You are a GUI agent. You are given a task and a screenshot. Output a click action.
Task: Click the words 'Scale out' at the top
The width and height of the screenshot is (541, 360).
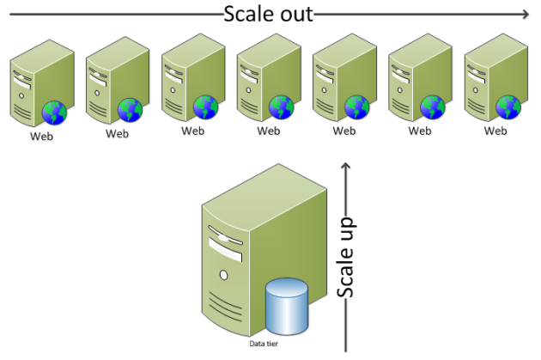pos(268,14)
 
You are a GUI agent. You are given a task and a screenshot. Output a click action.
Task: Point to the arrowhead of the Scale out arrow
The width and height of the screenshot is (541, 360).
pos(526,14)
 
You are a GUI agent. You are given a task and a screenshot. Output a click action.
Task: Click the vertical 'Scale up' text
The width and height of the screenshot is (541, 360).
pos(346,256)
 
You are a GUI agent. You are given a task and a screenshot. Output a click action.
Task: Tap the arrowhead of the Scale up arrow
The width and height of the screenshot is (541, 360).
pos(346,163)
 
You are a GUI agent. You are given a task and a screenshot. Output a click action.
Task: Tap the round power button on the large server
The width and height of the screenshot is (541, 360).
pos(223,275)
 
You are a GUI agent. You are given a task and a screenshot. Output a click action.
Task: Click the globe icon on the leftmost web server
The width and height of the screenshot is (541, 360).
pos(55,112)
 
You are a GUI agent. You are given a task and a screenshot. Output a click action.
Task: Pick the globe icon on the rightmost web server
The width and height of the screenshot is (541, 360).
pos(508,107)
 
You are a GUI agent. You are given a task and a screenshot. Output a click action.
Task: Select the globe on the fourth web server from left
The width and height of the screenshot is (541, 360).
pos(282,107)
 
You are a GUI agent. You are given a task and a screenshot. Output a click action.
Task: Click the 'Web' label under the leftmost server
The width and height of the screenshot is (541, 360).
pos(42,136)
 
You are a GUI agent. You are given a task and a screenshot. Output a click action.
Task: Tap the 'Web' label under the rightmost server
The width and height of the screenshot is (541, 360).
pos(495,131)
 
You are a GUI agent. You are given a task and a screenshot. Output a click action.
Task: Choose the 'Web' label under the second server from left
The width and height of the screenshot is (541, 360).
pos(118,133)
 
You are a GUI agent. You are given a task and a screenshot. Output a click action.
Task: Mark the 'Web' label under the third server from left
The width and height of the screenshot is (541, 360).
pos(193,131)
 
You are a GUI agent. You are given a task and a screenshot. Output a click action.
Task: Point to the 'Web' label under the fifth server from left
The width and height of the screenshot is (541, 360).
pos(344,131)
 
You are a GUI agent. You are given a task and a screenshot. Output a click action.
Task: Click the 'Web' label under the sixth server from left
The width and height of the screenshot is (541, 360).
pos(420,131)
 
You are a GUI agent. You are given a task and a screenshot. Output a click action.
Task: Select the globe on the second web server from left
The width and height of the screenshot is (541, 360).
pos(131,109)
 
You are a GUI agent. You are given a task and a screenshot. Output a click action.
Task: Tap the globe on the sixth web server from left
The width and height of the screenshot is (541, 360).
pos(433,107)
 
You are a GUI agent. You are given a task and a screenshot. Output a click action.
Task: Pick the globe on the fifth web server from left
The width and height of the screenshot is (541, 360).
pos(357,107)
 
